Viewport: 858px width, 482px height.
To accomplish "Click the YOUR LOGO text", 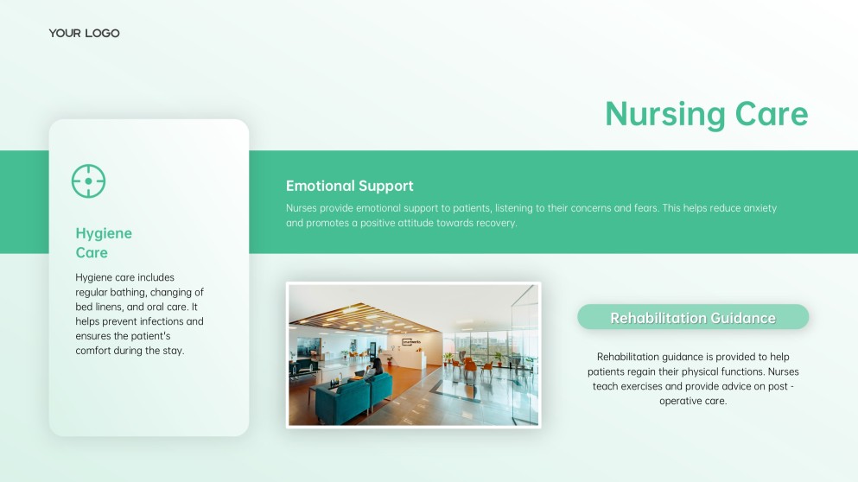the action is (x=85, y=34).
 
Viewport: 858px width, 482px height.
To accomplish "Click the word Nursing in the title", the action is (x=664, y=114).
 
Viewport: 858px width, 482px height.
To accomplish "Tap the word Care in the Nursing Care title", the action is (x=772, y=114).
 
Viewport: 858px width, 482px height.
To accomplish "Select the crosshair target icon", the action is (x=89, y=181).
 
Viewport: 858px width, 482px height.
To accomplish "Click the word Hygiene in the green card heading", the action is (x=104, y=233).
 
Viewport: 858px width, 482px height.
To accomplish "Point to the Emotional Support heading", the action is (x=350, y=186).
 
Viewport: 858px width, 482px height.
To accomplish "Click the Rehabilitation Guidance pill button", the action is (x=693, y=317).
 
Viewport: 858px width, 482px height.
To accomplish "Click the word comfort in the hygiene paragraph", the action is (x=93, y=350).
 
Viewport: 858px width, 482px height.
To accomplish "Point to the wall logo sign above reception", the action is (x=411, y=342).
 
